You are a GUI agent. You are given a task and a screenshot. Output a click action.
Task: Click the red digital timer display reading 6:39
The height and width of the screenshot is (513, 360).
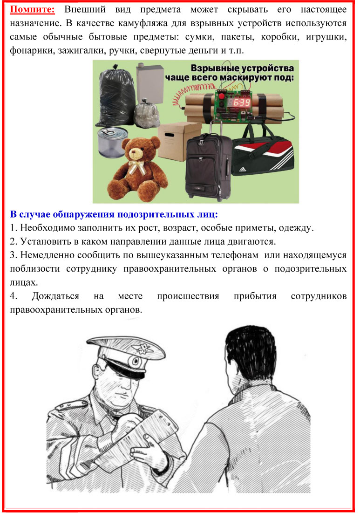[242, 102]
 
